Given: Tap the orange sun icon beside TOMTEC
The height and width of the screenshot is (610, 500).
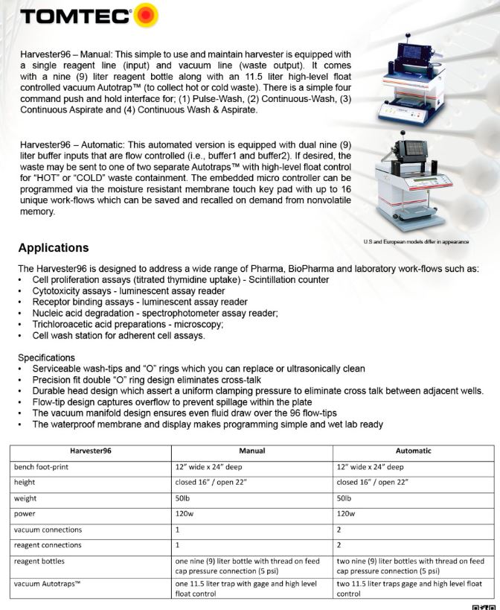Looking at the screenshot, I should tap(146, 15).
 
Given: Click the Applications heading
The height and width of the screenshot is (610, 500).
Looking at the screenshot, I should tap(54, 248).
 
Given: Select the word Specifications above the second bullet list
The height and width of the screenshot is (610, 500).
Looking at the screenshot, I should tap(46, 358).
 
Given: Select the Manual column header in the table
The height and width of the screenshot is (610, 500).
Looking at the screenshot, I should tap(251, 451).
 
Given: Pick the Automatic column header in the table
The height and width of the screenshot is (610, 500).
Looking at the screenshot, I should tap(413, 451).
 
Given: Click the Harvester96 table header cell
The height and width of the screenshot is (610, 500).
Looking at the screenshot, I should tap(91, 451).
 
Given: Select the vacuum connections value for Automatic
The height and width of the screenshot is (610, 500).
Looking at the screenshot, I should tap(339, 530).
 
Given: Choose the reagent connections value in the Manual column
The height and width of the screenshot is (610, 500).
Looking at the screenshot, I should tap(177, 545).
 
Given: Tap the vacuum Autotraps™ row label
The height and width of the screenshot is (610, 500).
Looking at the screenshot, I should tap(47, 583).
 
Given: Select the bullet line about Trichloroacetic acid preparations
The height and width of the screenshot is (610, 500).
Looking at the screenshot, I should tap(127, 324).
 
